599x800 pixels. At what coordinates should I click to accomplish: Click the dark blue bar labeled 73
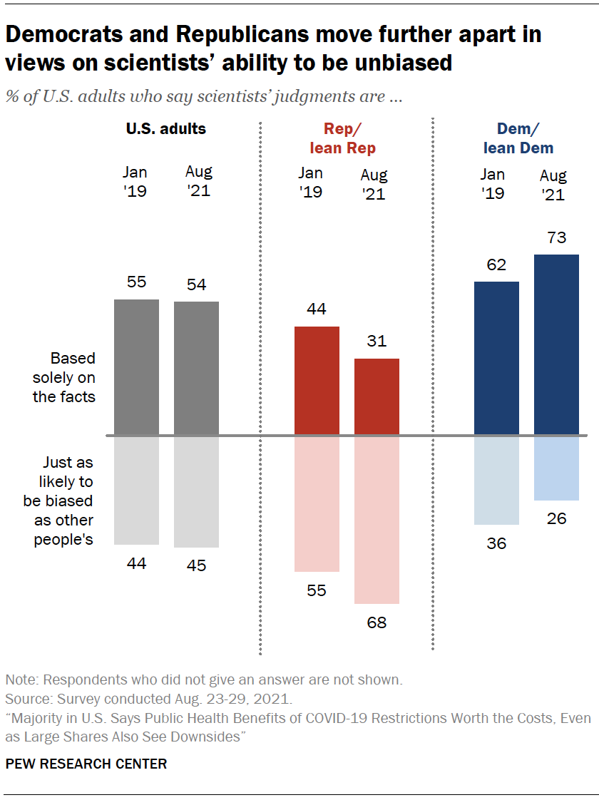(x=556, y=344)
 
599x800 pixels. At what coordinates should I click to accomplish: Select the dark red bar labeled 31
(x=377, y=396)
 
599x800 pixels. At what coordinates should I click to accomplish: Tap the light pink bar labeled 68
(x=377, y=520)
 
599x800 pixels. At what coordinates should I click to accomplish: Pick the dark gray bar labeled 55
(x=136, y=367)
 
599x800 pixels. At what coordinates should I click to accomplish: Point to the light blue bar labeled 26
(x=556, y=468)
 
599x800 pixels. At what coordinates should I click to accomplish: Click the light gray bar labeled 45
(x=196, y=491)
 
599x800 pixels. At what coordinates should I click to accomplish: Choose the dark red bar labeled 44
(x=317, y=381)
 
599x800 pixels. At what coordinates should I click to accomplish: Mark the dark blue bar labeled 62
(x=496, y=358)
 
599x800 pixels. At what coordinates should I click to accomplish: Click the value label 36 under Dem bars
(x=496, y=543)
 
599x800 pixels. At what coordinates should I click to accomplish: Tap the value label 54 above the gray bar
(x=196, y=284)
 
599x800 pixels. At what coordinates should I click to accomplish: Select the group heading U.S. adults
(x=166, y=129)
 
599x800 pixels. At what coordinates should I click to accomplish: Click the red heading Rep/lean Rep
(x=342, y=138)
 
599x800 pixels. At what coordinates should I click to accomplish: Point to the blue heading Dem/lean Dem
(x=518, y=138)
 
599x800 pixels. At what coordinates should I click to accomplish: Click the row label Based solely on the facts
(x=64, y=377)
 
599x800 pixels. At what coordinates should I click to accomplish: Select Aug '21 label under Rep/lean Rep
(x=374, y=184)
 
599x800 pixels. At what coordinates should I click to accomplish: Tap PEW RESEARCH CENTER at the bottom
(x=86, y=764)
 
